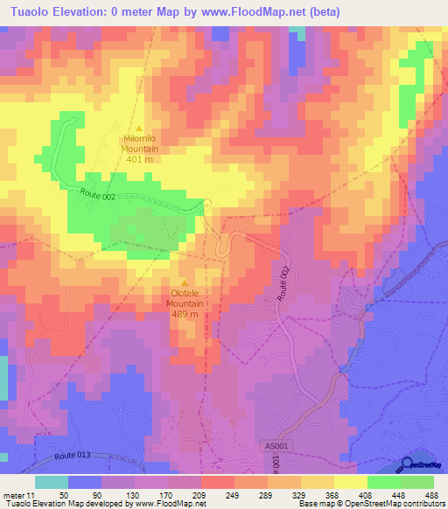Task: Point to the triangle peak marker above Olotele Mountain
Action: tap(185, 282)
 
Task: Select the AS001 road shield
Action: tap(275, 446)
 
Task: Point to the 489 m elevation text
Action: tap(185, 315)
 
